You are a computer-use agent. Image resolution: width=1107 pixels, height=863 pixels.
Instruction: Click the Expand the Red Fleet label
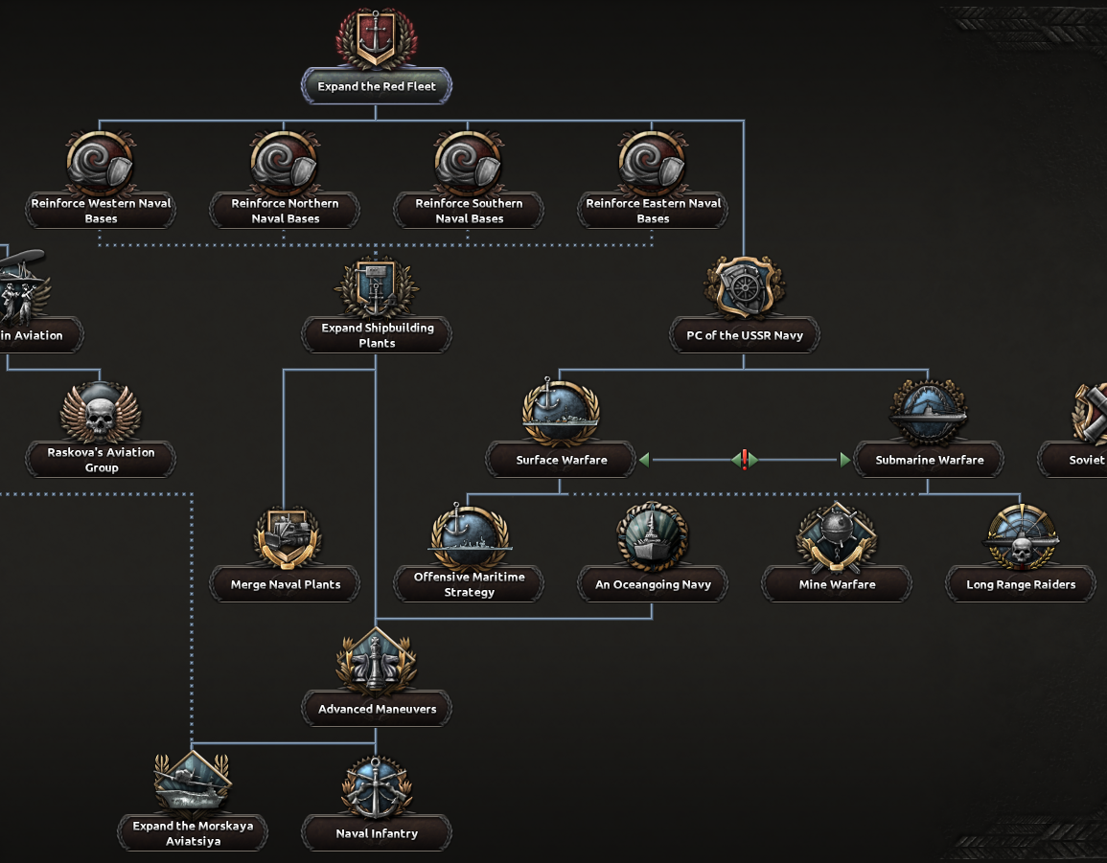(x=377, y=86)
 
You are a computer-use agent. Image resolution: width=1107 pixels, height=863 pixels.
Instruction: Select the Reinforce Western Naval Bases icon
(x=100, y=163)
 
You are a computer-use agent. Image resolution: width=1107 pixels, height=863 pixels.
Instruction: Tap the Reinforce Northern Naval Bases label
(x=285, y=211)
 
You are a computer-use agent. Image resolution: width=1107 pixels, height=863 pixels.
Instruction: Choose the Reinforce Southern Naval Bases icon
(x=469, y=163)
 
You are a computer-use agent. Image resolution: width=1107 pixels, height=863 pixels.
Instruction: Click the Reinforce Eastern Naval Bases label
(x=653, y=211)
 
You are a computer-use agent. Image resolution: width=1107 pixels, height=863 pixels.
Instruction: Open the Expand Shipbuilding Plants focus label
(x=377, y=335)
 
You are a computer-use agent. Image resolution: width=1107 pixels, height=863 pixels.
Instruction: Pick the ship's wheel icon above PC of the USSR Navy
(x=744, y=287)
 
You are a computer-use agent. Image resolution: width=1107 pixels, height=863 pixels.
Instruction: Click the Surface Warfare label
(x=561, y=460)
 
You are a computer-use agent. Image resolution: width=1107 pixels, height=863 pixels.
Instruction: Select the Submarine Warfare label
(x=929, y=460)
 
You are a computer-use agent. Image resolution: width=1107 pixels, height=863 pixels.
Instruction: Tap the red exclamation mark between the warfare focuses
(x=744, y=460)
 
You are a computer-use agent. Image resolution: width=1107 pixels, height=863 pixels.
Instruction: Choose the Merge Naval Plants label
(x=285, y=584)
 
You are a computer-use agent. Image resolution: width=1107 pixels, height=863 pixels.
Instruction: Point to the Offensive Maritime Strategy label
(x=469, y=584)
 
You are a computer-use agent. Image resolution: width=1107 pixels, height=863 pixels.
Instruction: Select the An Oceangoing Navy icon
(x=653, y=536)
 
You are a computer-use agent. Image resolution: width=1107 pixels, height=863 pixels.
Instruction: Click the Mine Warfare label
(x=837, y=584)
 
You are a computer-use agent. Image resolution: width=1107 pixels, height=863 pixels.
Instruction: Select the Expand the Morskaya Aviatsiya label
(x=192, y=833)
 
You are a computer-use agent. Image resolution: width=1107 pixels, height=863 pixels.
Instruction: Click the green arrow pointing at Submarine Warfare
(x=844, y=460)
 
